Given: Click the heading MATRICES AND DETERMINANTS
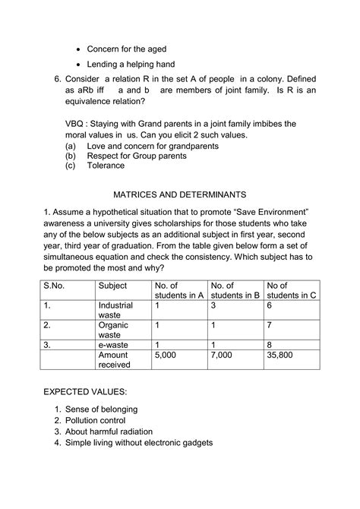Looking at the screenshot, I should tap(181, 194).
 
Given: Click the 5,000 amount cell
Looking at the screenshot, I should tap(166, 354).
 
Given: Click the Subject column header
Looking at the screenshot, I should tap(114, 286).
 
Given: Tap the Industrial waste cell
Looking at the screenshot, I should tap(115, 310).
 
